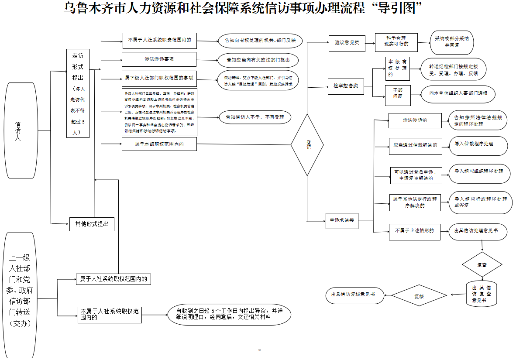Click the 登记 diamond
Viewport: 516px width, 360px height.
pos(307,145)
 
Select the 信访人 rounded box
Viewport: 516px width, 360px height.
pos(21,130)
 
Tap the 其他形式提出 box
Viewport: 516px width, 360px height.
pos(92,224)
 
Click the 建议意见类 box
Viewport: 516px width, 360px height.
pos(347,42)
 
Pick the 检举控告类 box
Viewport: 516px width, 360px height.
pos(346,86)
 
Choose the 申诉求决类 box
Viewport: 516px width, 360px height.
pos(341,220)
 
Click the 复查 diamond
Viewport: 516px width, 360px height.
pos(482,265)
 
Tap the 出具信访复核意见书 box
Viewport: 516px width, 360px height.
pos(355,295)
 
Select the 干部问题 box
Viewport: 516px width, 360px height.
pos(398,95)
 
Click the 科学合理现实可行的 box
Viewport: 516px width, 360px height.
pos(396,42)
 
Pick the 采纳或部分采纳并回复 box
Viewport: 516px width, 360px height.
pos(451,41)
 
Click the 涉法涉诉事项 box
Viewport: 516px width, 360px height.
pos(159,59)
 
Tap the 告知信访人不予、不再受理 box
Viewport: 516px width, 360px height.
pos(255,117)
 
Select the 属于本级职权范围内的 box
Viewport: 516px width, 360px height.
pos(159,144)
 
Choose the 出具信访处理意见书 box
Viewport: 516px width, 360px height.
pos(478,232)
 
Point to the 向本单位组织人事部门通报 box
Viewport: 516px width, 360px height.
pos(458,93)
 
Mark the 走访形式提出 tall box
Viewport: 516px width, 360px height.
pos(78,93)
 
